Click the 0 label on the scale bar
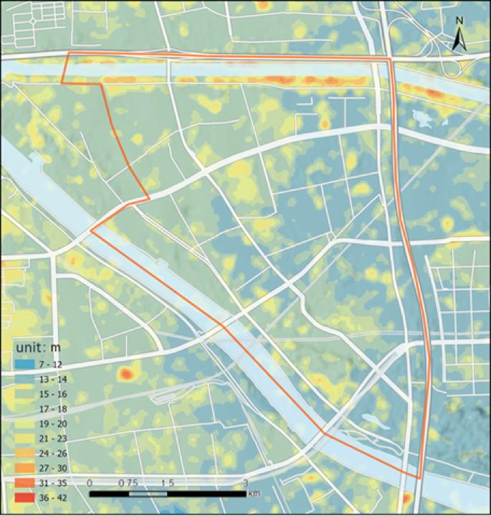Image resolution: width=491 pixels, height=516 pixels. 90,482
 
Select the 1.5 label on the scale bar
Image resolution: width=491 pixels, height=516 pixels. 168,482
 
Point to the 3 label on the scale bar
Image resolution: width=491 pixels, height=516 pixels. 246,482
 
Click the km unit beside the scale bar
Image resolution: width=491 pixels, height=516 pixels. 253,494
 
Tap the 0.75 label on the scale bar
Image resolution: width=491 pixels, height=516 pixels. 128,482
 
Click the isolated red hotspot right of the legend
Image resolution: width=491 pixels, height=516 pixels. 126,374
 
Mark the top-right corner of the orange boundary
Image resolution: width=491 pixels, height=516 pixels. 389,59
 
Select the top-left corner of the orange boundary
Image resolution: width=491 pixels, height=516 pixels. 67,53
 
